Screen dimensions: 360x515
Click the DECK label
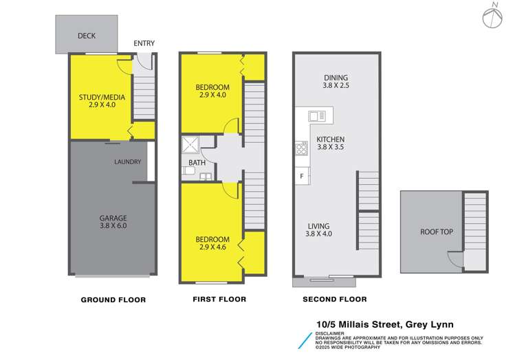tap(87, 36)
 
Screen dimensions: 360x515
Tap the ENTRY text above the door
tap(144, 43)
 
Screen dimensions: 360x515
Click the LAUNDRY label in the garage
tap(128, 162)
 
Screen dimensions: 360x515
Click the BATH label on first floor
tap(197, 163)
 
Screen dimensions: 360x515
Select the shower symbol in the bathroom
tap(189, 146)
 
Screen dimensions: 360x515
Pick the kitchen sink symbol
tap(317, 116)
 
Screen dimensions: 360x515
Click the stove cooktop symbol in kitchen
tap(301, 147)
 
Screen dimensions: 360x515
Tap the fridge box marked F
tap(302, 177)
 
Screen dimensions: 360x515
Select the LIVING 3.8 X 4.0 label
tap(318, 229)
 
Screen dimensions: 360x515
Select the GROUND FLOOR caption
tap(113, 300)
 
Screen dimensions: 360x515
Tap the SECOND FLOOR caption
tap(335, 300)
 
